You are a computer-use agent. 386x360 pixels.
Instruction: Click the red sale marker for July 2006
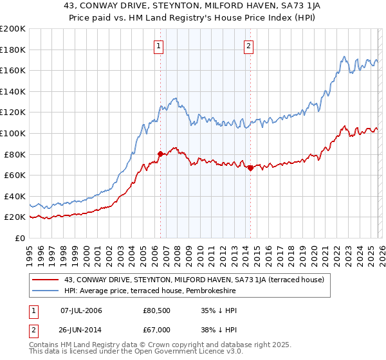pos(160,154)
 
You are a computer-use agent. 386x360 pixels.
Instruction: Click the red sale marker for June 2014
pos(250,168)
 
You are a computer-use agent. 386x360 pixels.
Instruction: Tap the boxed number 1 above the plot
pos(158,46)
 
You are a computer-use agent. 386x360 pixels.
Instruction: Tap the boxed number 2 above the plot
pos(248,46)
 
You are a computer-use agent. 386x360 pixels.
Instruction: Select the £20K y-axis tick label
pos(15,217)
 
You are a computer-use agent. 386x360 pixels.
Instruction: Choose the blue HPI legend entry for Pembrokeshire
pos(150,291)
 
